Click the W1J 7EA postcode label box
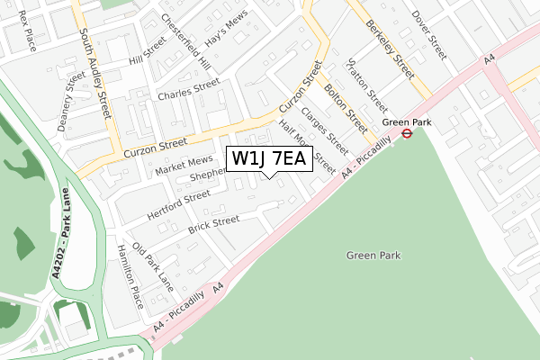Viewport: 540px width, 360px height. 270,159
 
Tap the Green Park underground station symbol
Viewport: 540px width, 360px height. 407,133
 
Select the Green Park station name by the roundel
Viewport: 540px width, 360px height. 402,121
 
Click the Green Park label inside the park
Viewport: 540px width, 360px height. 373,256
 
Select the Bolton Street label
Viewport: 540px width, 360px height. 345,102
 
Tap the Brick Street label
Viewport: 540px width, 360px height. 213,225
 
